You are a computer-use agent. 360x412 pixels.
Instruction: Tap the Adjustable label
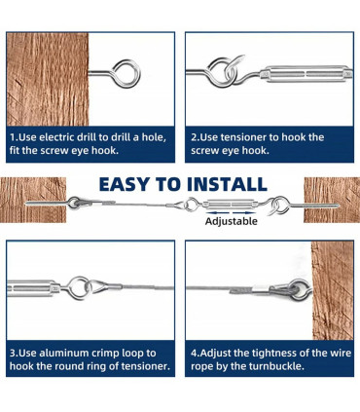232,221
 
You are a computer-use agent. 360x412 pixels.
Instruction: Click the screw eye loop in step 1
126,72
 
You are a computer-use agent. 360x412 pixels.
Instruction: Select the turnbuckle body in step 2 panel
306,74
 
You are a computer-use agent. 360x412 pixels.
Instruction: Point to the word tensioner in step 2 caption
249,137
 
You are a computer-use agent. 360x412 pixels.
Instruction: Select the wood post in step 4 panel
332,290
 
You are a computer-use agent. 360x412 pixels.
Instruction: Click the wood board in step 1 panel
48,79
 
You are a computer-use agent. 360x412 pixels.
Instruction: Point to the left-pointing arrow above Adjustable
217,212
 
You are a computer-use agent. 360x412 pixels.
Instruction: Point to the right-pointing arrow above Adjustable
244,212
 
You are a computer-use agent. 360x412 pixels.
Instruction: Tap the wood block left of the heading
33,200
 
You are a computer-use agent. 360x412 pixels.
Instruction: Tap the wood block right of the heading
332,200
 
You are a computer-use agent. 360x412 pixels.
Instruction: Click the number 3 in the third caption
13,354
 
